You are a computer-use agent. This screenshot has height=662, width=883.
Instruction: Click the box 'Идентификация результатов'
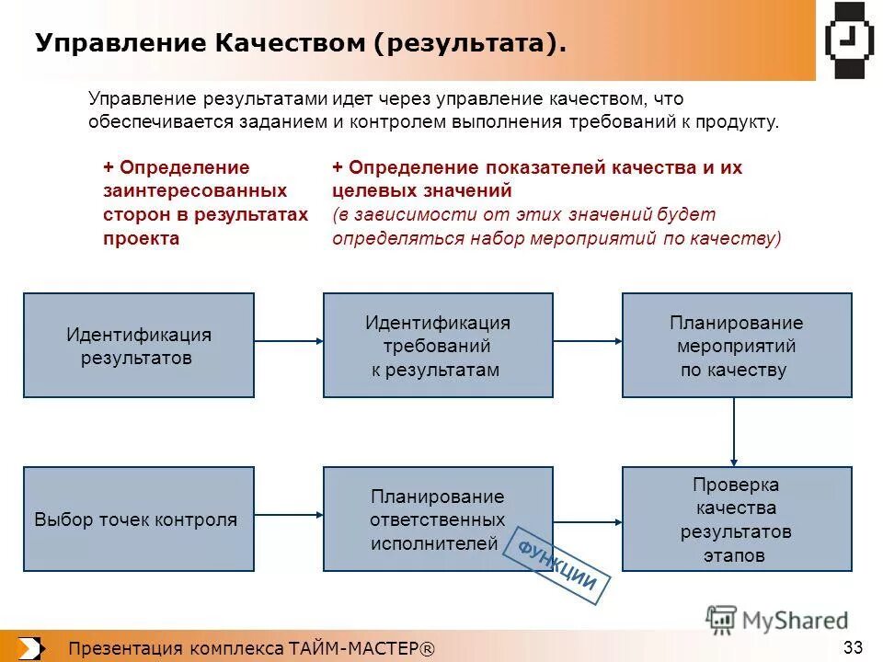click(138, 345)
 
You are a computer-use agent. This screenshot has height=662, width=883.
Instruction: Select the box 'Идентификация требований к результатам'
click(438, 345)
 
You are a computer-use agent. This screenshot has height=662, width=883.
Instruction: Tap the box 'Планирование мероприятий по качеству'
click(737, 345)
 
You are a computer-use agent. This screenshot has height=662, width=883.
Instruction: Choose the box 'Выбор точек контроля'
click(138, 519)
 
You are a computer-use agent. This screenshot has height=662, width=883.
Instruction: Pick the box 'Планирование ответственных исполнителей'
click(438, 519)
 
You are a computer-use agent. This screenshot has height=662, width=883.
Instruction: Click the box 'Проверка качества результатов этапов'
click(737, 519)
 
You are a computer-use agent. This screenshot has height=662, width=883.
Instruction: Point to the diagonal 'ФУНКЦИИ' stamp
click(558, 565)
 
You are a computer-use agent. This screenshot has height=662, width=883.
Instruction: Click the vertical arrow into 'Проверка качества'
click(734, 432)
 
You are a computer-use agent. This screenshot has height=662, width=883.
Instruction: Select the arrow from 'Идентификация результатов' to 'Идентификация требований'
click(288, 341)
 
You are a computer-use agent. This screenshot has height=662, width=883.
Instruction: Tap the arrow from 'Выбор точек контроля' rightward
click(288, 515)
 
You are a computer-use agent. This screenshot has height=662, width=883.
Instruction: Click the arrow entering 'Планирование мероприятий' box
click(588, 341)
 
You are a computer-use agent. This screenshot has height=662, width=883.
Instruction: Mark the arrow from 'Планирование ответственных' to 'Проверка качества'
click(588, 520)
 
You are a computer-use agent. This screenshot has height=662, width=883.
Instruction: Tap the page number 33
click(852, 647)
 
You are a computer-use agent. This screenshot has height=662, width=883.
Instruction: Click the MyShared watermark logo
click(777, 621)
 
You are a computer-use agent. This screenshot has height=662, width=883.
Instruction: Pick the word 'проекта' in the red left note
click(141, 238)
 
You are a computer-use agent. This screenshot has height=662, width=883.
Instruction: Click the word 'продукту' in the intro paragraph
click(740, 122)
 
